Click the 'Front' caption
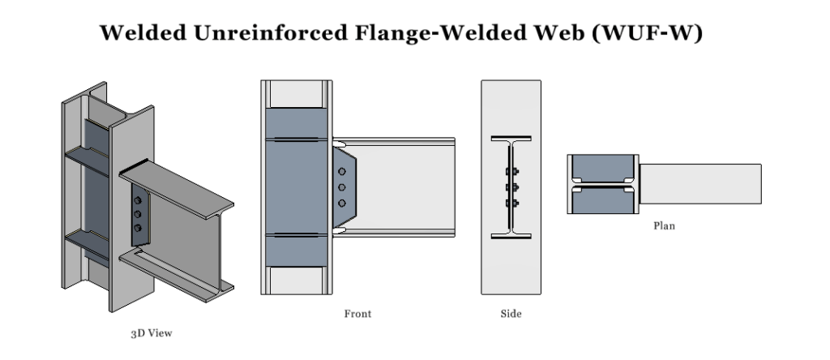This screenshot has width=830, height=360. (357, 313)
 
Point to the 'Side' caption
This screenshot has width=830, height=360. (511, 313)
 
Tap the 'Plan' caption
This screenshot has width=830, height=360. (664, 226)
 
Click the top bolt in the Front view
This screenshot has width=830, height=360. (342, 172)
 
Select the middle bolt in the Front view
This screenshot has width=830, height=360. (342, 187)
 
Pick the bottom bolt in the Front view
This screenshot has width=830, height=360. (342, 203)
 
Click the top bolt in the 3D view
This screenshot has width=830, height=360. (136, 200)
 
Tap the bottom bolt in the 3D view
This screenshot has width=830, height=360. (136, 228)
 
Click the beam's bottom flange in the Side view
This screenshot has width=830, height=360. (511, 237)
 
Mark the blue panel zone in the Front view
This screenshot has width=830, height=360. (297, 187)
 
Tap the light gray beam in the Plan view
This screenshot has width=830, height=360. (701, 183)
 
